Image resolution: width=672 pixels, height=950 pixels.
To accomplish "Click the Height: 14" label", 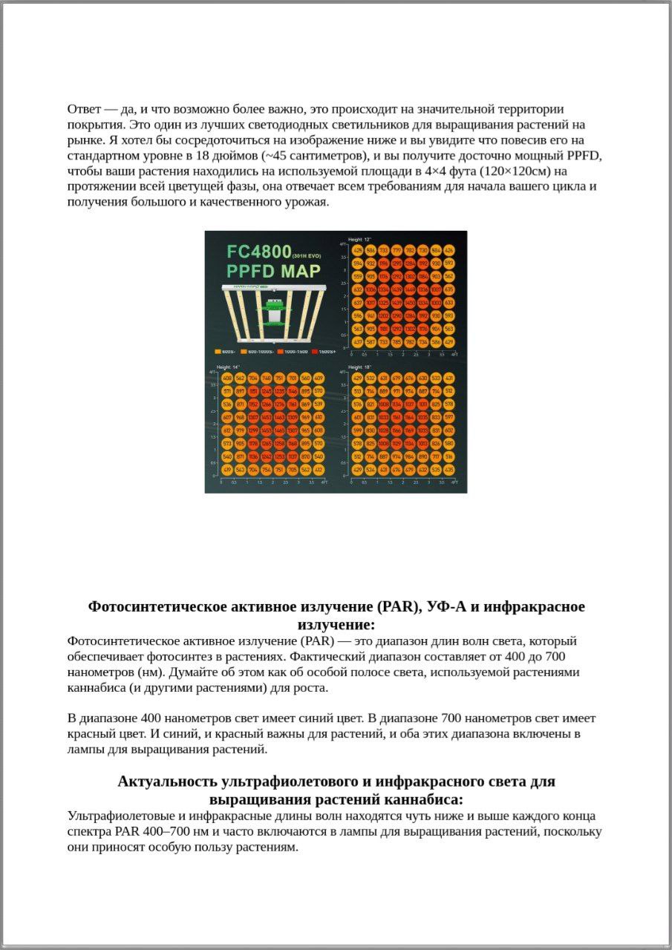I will (x=228, y=367).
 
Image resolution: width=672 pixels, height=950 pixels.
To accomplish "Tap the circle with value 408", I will (x=227, y=378).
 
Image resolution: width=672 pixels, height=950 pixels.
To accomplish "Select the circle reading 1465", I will (x=280, y=430).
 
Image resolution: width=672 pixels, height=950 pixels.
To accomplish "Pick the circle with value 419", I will (x=227, y=470).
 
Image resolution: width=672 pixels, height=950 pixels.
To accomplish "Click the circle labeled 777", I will (x=397, y=250).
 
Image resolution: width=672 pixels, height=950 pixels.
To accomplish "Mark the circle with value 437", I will (x=358, y=342).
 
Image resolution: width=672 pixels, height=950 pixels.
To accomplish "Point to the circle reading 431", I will (x=448, y=378).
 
